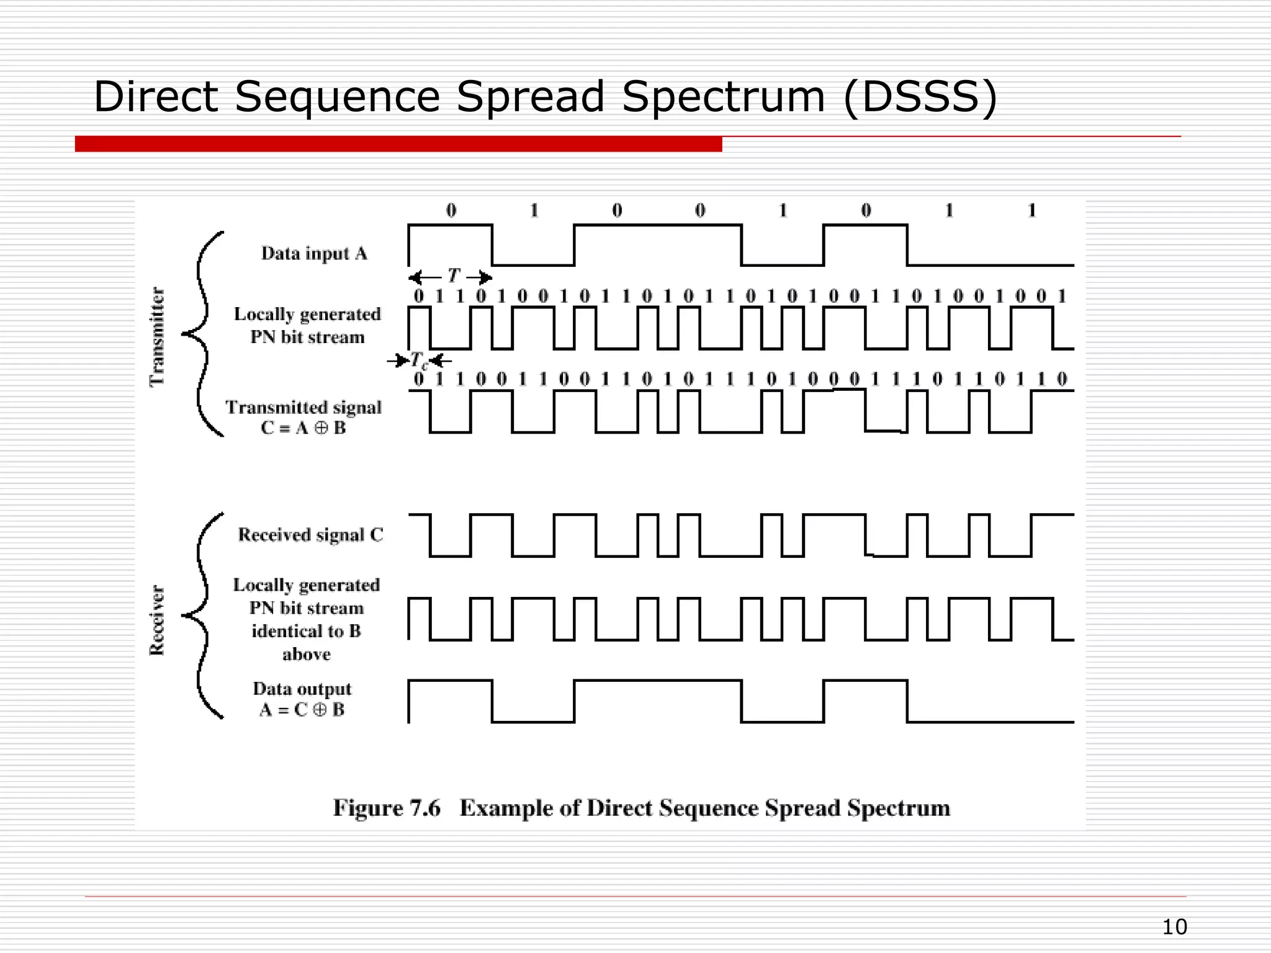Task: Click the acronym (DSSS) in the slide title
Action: (920, 97)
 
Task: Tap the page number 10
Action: (1174, 927)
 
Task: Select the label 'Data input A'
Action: (314, 254)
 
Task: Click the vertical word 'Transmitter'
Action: (158, 336)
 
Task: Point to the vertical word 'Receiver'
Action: (157, 620)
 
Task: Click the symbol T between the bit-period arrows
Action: (454, 275)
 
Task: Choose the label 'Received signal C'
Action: (310, 535)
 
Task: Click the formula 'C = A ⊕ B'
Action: (303, 428)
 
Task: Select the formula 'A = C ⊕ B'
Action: (302, 710)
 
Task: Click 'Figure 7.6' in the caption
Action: (386, 808)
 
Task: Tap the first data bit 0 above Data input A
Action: (451, 211)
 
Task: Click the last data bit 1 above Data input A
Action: (1031, 211)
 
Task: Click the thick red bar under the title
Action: (398, 144)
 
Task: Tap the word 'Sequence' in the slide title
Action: (337, 97)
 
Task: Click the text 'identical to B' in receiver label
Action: (306, 631)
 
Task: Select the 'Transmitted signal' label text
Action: (303, 408)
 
